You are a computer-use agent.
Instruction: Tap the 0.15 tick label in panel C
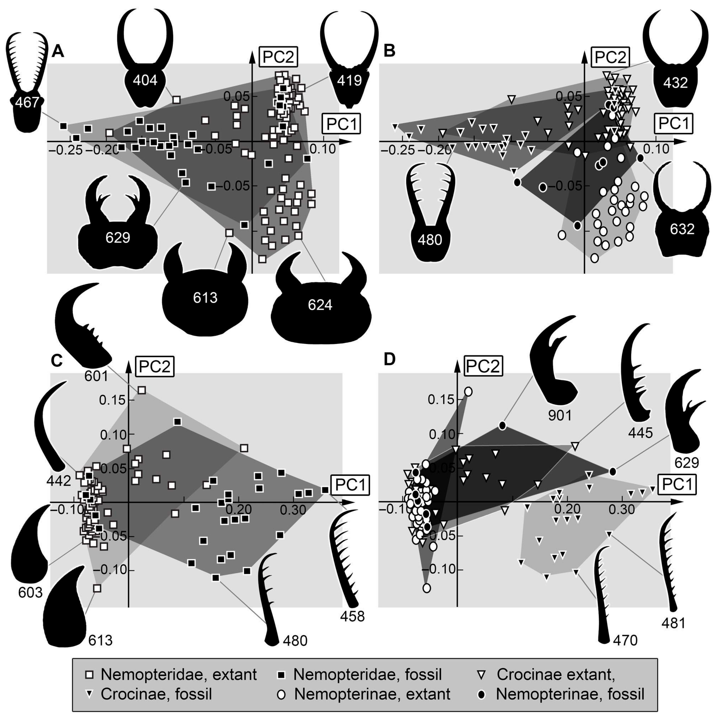point(111,401)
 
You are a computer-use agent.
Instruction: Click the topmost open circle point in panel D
point(468,392)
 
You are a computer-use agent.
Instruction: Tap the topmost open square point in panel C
point(142,390)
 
